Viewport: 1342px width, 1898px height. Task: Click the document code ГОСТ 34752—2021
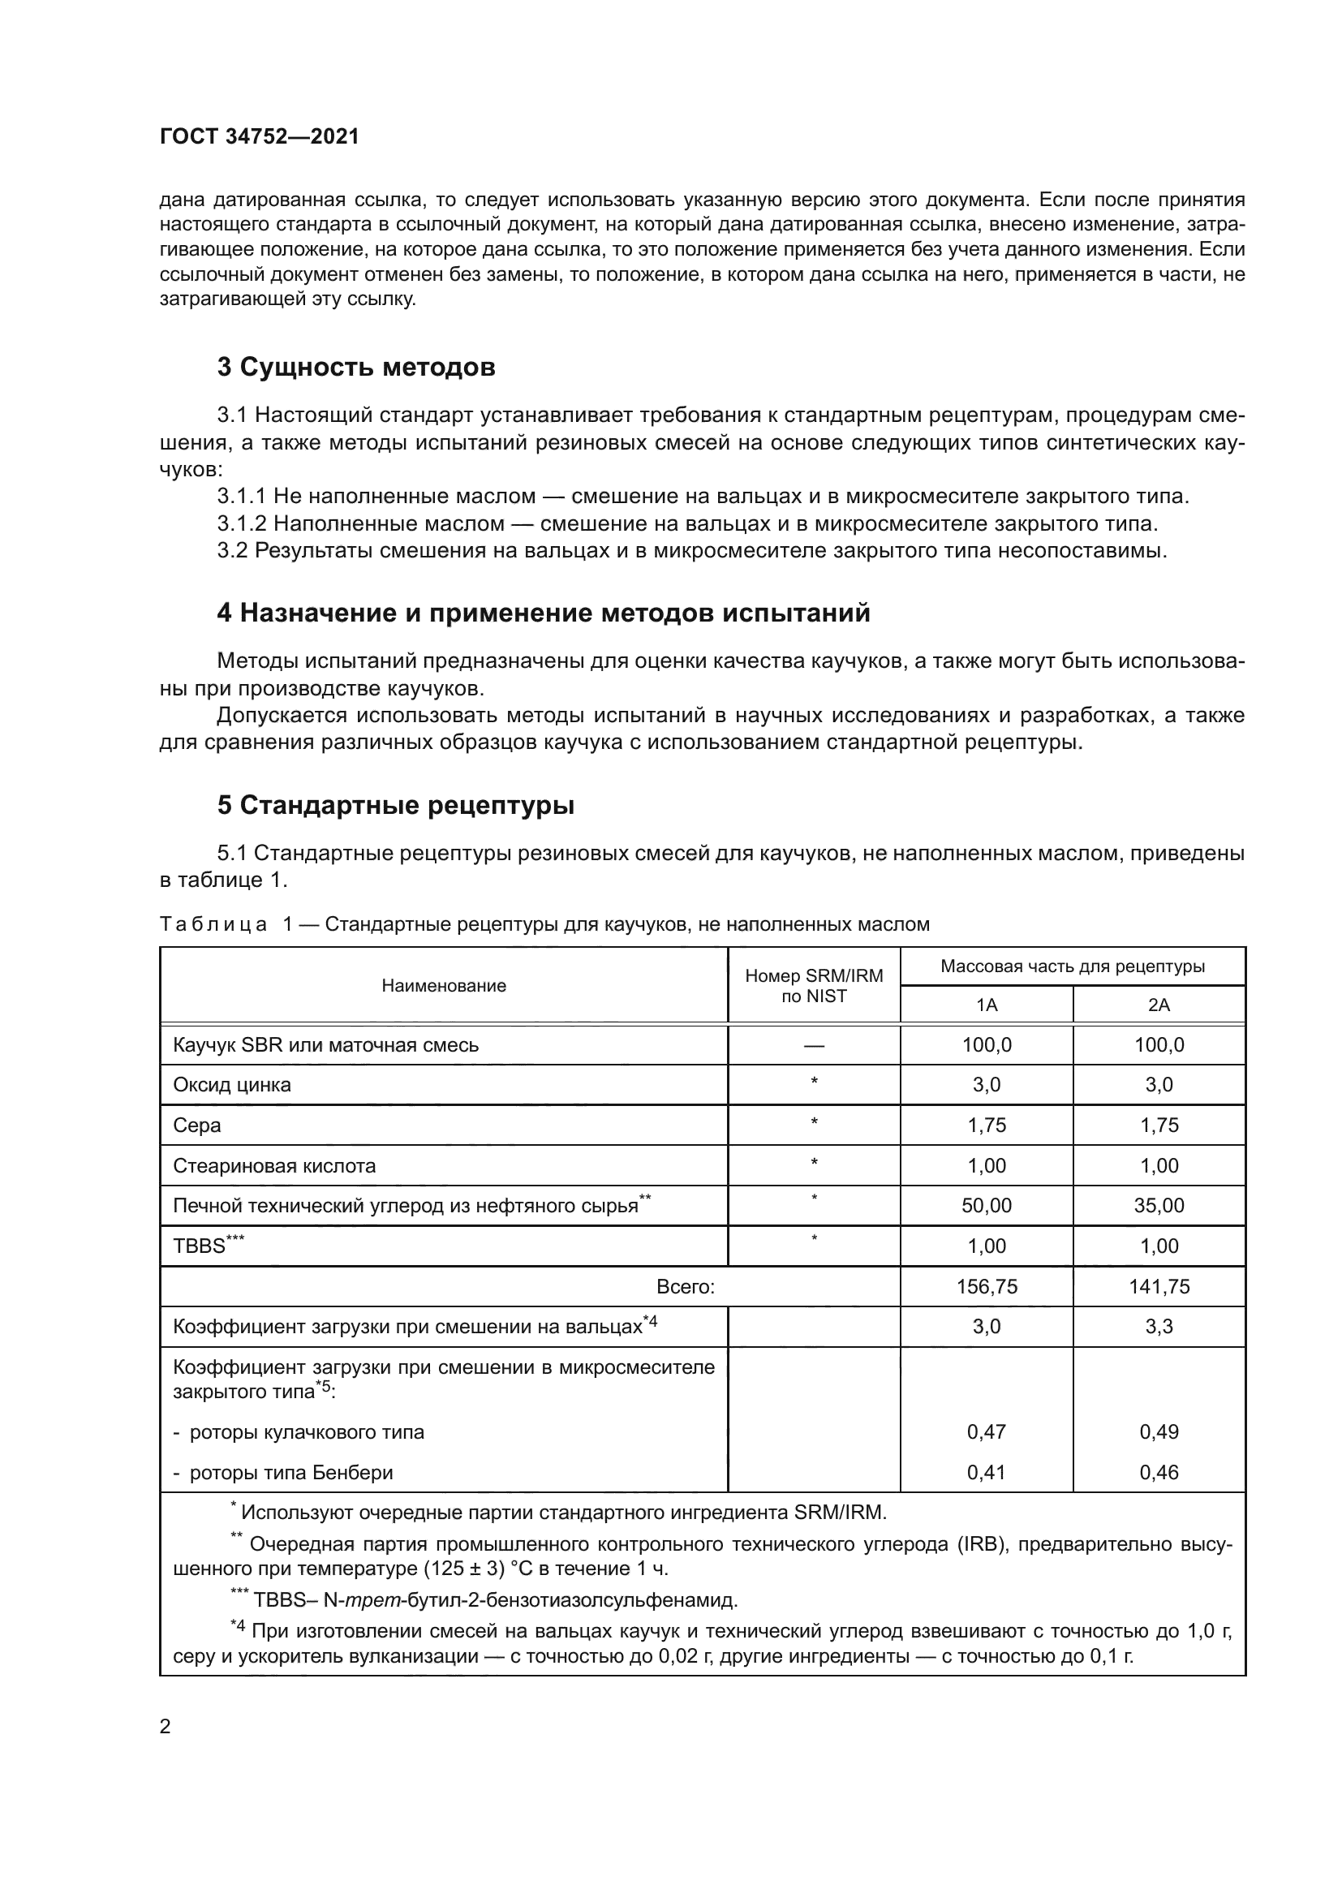point(260,136)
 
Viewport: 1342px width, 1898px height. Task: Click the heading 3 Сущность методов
point(356,367)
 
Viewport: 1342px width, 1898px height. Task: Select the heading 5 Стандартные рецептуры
point(396,804)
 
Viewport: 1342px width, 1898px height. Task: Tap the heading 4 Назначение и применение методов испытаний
point(543,613)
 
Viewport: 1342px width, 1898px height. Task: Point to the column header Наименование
point(444,985)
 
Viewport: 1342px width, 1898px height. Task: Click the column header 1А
point(987,1005)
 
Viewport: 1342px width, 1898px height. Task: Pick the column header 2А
point(1159,1005)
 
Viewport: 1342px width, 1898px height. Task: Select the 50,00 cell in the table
point(987,1205)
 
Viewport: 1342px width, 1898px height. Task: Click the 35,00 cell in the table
point(1159,1205)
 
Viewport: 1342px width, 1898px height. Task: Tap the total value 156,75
point(987,1286)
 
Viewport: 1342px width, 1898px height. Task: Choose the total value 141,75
point(1159,1286)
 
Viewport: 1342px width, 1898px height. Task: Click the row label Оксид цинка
point(232,1085)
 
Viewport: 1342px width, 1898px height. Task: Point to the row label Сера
point(196,1125)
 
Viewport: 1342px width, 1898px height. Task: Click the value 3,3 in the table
point(1159,1326)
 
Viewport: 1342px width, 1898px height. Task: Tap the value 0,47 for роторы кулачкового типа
point(987,1431)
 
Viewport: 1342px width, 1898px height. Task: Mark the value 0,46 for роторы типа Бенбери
point(1159,1472)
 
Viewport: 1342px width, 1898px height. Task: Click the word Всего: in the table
point(685,1286)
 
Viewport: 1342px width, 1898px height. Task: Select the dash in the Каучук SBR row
point(814,1045)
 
